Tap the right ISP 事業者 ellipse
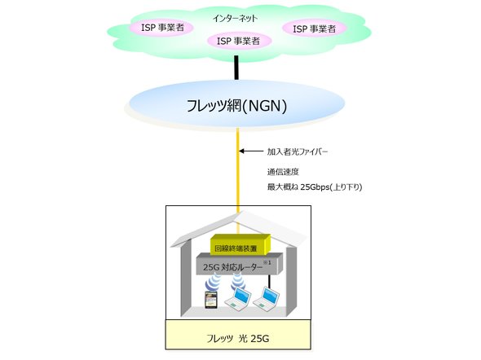[x=313, y=29]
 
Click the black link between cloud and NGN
[x=237, y=67]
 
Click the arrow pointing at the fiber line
[x=254, y=151]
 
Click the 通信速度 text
[x=282, y=172]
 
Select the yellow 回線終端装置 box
[x=235, y=248]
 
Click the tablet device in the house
[x=210, y=301]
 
